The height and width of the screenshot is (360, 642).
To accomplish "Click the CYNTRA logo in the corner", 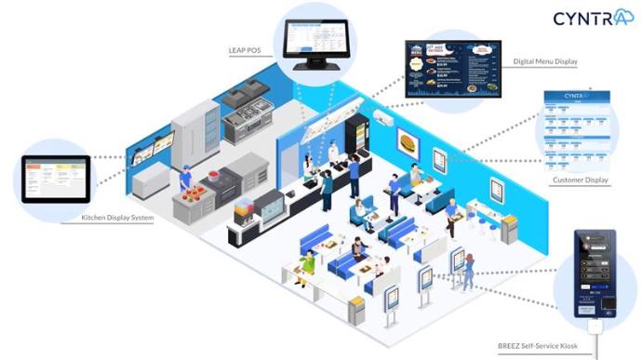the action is pos(593,18).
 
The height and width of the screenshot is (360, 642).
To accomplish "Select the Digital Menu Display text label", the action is pos(544,62).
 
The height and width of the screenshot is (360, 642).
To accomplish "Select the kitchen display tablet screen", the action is pos(56,179).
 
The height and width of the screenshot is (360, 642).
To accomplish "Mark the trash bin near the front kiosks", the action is pos(355,309).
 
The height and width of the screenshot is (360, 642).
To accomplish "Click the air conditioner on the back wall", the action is pos(383,117).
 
